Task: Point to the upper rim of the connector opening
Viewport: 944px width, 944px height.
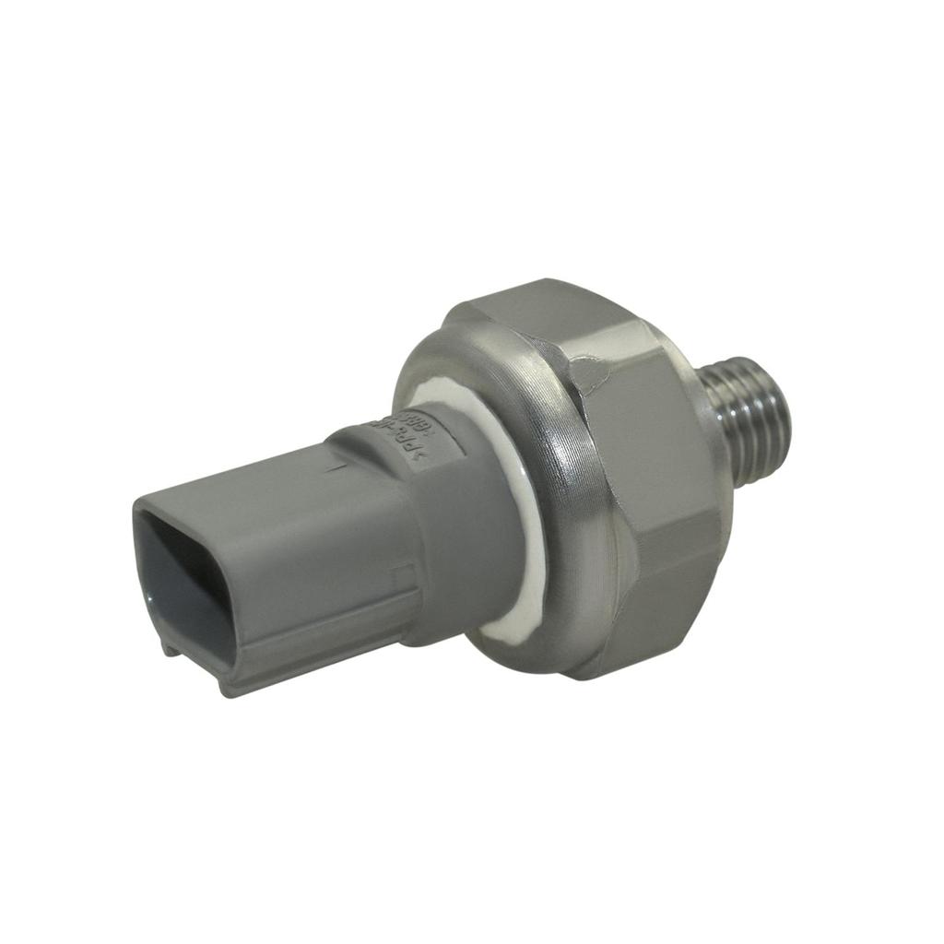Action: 175,512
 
